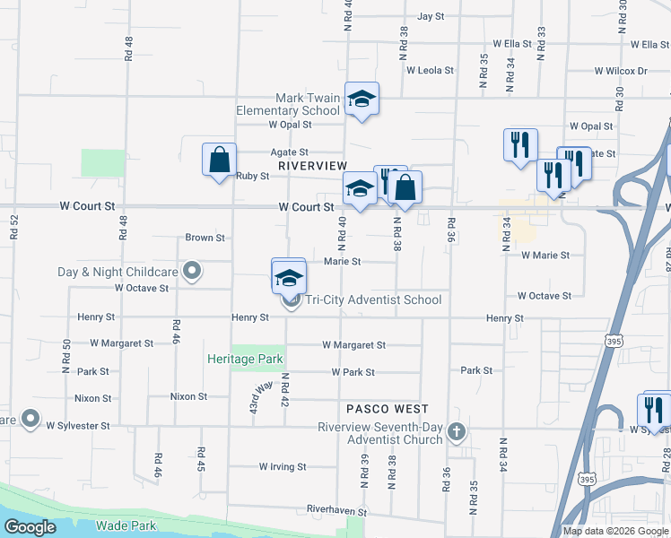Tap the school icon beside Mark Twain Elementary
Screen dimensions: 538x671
pos(362,99)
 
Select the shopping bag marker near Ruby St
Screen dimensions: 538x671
pos(219,161)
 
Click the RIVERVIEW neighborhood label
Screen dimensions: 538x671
pos(312,166)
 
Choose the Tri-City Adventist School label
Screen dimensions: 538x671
pos(373,300)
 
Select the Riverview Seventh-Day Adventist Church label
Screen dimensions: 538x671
pos(380,433)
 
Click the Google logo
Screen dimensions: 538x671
pos(30,527)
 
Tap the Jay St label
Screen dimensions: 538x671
pos(431,17)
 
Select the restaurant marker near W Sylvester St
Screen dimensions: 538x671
pos(657,409)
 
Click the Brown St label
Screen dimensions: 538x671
pos(205,239)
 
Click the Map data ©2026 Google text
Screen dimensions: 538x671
pos(614,531)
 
